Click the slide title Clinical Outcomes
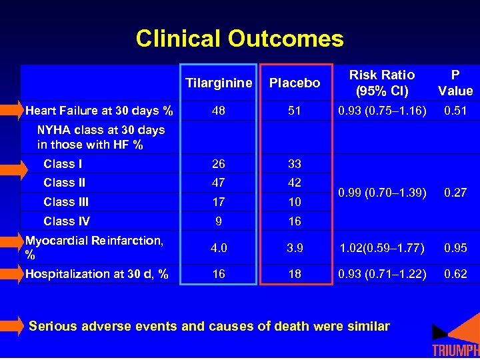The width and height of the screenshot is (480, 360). tap(239, 39)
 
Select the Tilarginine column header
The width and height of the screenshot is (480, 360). tap(219, 83)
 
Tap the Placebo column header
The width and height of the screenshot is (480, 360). tap(294, 83)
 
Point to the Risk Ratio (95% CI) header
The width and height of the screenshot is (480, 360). tap(382, 83)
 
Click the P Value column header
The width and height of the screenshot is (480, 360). tap(455, 83)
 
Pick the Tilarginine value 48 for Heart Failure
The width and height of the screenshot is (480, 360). tap(218, 110)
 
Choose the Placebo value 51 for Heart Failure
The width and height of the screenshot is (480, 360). tap(294, 110)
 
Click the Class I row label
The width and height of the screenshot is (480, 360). tap(63, 164)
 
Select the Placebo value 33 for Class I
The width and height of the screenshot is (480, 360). tap(294, 164)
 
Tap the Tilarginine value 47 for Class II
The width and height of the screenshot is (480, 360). tap(218, 183)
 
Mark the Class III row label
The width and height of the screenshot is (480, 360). tap(66, 202)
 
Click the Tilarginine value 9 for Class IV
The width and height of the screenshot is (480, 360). tap(218, 221)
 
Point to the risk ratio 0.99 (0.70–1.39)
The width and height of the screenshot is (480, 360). tap(382, 193)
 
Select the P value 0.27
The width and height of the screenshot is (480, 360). tap(455, 193)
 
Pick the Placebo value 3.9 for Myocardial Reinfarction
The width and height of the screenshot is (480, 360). tap(294, 248)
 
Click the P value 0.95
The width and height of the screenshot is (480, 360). tap(455, 248)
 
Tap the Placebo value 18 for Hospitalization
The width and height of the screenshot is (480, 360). tap(294, 274)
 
